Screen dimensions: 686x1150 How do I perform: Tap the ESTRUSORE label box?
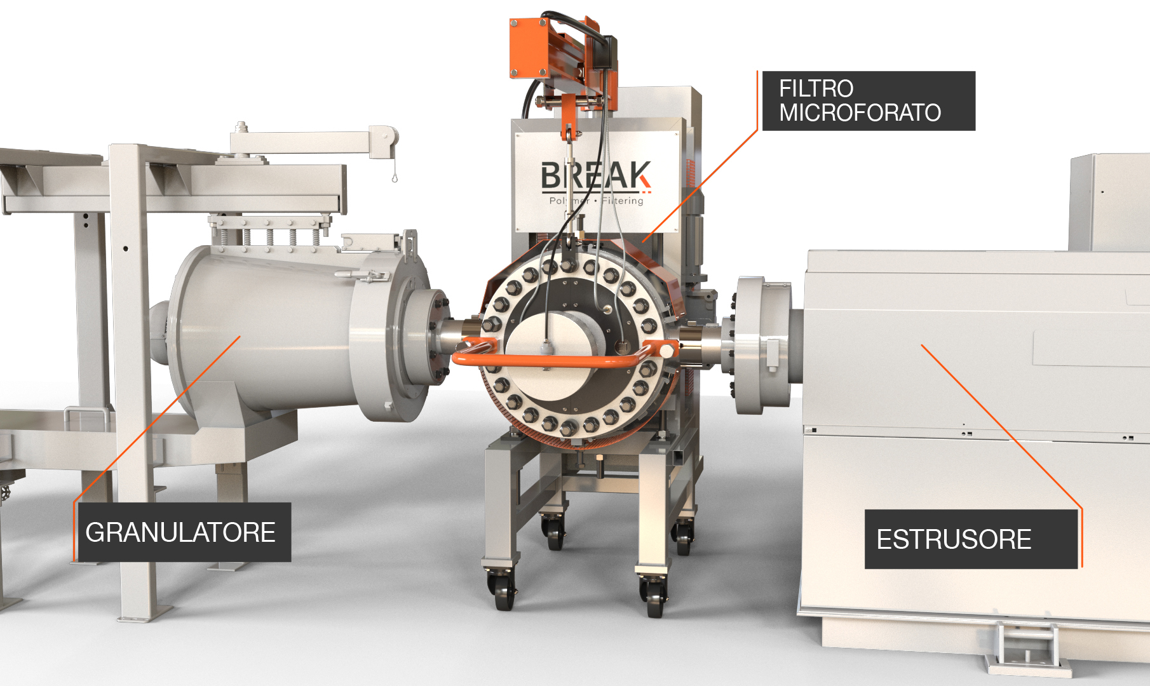point(971,539)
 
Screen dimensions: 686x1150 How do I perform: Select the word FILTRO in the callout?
point(816,88)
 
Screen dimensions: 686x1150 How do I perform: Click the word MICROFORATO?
point(860,113)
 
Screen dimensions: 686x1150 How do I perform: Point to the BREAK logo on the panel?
point(595,176)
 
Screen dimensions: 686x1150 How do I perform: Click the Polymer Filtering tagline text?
point(596,201)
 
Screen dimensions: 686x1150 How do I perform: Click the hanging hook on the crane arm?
point(395,175)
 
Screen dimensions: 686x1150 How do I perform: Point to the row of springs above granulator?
point(270,236)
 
